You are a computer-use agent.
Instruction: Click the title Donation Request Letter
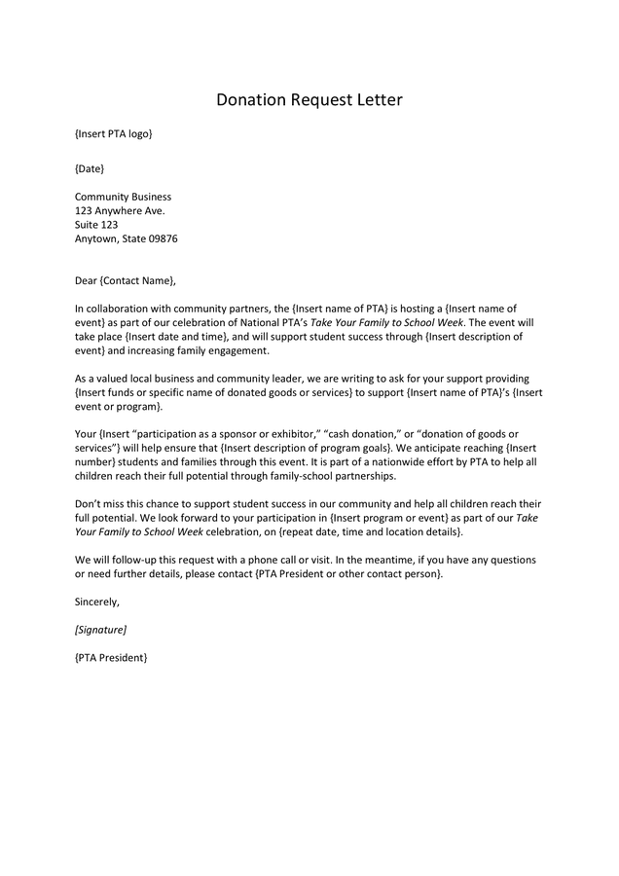309,100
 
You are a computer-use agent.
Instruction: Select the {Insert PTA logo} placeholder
113,133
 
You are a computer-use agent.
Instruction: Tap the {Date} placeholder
90,168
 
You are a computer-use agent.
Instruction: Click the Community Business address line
123,197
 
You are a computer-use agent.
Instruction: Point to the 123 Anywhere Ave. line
120,210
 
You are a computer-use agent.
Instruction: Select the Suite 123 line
96,224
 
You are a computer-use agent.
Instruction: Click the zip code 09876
163,238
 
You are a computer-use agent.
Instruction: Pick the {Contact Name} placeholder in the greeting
137,281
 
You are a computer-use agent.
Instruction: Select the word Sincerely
97,602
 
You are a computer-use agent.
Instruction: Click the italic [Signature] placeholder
100,631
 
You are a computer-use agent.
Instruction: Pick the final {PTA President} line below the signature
111,659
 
